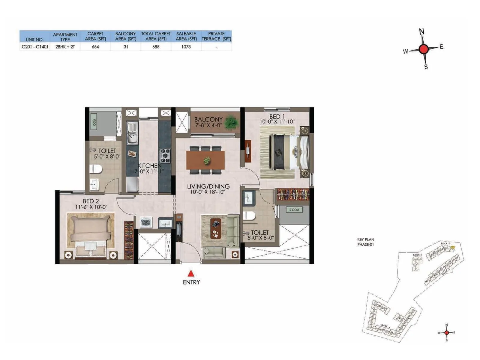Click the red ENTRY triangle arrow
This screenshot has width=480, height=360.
coord(191,273)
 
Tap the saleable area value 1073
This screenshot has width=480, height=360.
coord(186,47)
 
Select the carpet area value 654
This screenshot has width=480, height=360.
coord(95,47)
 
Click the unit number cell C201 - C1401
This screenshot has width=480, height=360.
coord(35,47)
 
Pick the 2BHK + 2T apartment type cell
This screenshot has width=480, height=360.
coord(65,47)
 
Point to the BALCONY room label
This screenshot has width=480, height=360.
coord(208,119)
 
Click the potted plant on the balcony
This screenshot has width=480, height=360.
coord(231,122)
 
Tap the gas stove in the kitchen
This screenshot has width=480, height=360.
coord(165,156)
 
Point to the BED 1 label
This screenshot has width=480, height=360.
coord(277,116)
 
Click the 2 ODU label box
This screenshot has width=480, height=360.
coord(294,210)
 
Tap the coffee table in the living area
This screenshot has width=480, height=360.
coord(216,228)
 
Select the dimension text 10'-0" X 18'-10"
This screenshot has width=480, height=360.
coord(208,192)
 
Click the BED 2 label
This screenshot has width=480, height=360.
coord(91,201)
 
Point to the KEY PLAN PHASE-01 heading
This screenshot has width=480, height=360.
coord(365,242)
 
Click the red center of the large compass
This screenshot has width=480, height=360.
coord(423,49)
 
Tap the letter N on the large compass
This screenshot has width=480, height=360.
coord(421,31)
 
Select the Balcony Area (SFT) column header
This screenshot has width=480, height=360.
coord(125,36)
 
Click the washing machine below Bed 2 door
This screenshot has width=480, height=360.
coord(146,222)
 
